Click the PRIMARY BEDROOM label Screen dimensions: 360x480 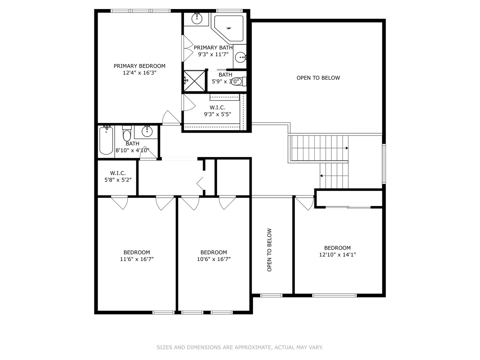[x=139, y=66]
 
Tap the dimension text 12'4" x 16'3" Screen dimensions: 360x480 [x=139, y=73]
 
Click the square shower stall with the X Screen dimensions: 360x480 [x=194, y=81]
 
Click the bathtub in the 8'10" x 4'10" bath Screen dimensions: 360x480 [x=106, y=140]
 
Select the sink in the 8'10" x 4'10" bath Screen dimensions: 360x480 [x=147, y=131]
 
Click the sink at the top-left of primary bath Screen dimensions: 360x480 [x=197, y=18]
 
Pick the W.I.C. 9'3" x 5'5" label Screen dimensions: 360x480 [x=217, y=111]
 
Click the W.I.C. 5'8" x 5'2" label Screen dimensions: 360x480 [x=118, y=176]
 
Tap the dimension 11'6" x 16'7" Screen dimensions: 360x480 [x=137, y=259]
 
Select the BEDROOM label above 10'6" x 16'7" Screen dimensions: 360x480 [x=214, y=252]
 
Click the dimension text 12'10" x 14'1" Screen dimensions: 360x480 [x=337, y=255]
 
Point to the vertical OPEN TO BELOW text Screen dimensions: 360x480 [x=269, y=250]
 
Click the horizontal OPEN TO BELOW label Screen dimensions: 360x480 [x=318, y=78]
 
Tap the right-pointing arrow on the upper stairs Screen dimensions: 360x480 [x=347, y=148]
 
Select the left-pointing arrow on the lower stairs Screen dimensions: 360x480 [x=322, y=176]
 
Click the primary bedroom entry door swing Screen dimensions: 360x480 [x=170, y=118]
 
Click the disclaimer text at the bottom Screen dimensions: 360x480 [x=240, y=347]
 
